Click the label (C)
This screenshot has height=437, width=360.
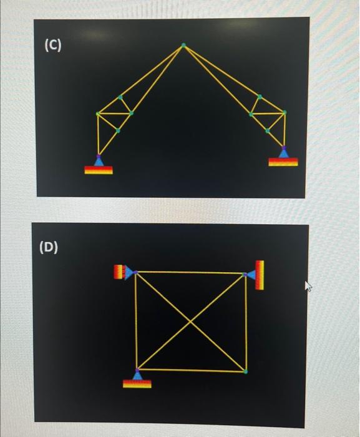tap(52, 45)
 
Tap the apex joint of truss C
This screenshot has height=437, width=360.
tap(183, 46)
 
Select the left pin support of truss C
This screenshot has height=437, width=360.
tap(99, 164)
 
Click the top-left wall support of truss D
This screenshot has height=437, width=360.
tap(124, 272)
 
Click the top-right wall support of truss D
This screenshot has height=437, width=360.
tap(256, 275)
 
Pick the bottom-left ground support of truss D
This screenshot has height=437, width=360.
tap(137, 379)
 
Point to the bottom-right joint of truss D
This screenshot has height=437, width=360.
tap(245, 371)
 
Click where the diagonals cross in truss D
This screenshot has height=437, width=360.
tap(190, 322)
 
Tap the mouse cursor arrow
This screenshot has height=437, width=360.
tap(307, 286)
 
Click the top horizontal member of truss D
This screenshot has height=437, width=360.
tap(190, 273)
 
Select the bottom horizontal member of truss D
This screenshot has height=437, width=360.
tap(190, 370)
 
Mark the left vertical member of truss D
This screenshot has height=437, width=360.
tap(136, 321)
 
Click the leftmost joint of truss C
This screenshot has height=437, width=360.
tap(97, 114)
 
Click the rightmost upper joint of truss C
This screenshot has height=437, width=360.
tap(284, 112)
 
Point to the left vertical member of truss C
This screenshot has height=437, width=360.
tap(98, 134)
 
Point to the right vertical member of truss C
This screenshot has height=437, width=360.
tap(284, 130)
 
